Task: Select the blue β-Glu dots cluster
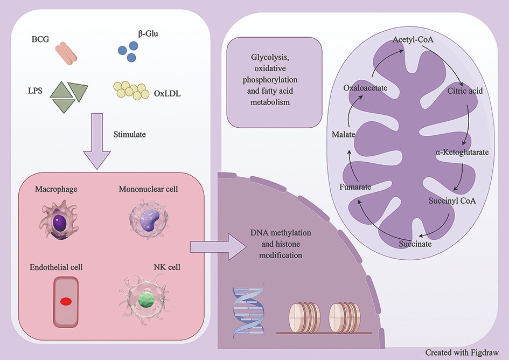(128, 52)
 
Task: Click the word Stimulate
(130, 133)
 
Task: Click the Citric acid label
(465, 91)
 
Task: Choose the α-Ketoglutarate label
(462, 153)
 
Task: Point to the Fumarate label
(355, 187)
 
